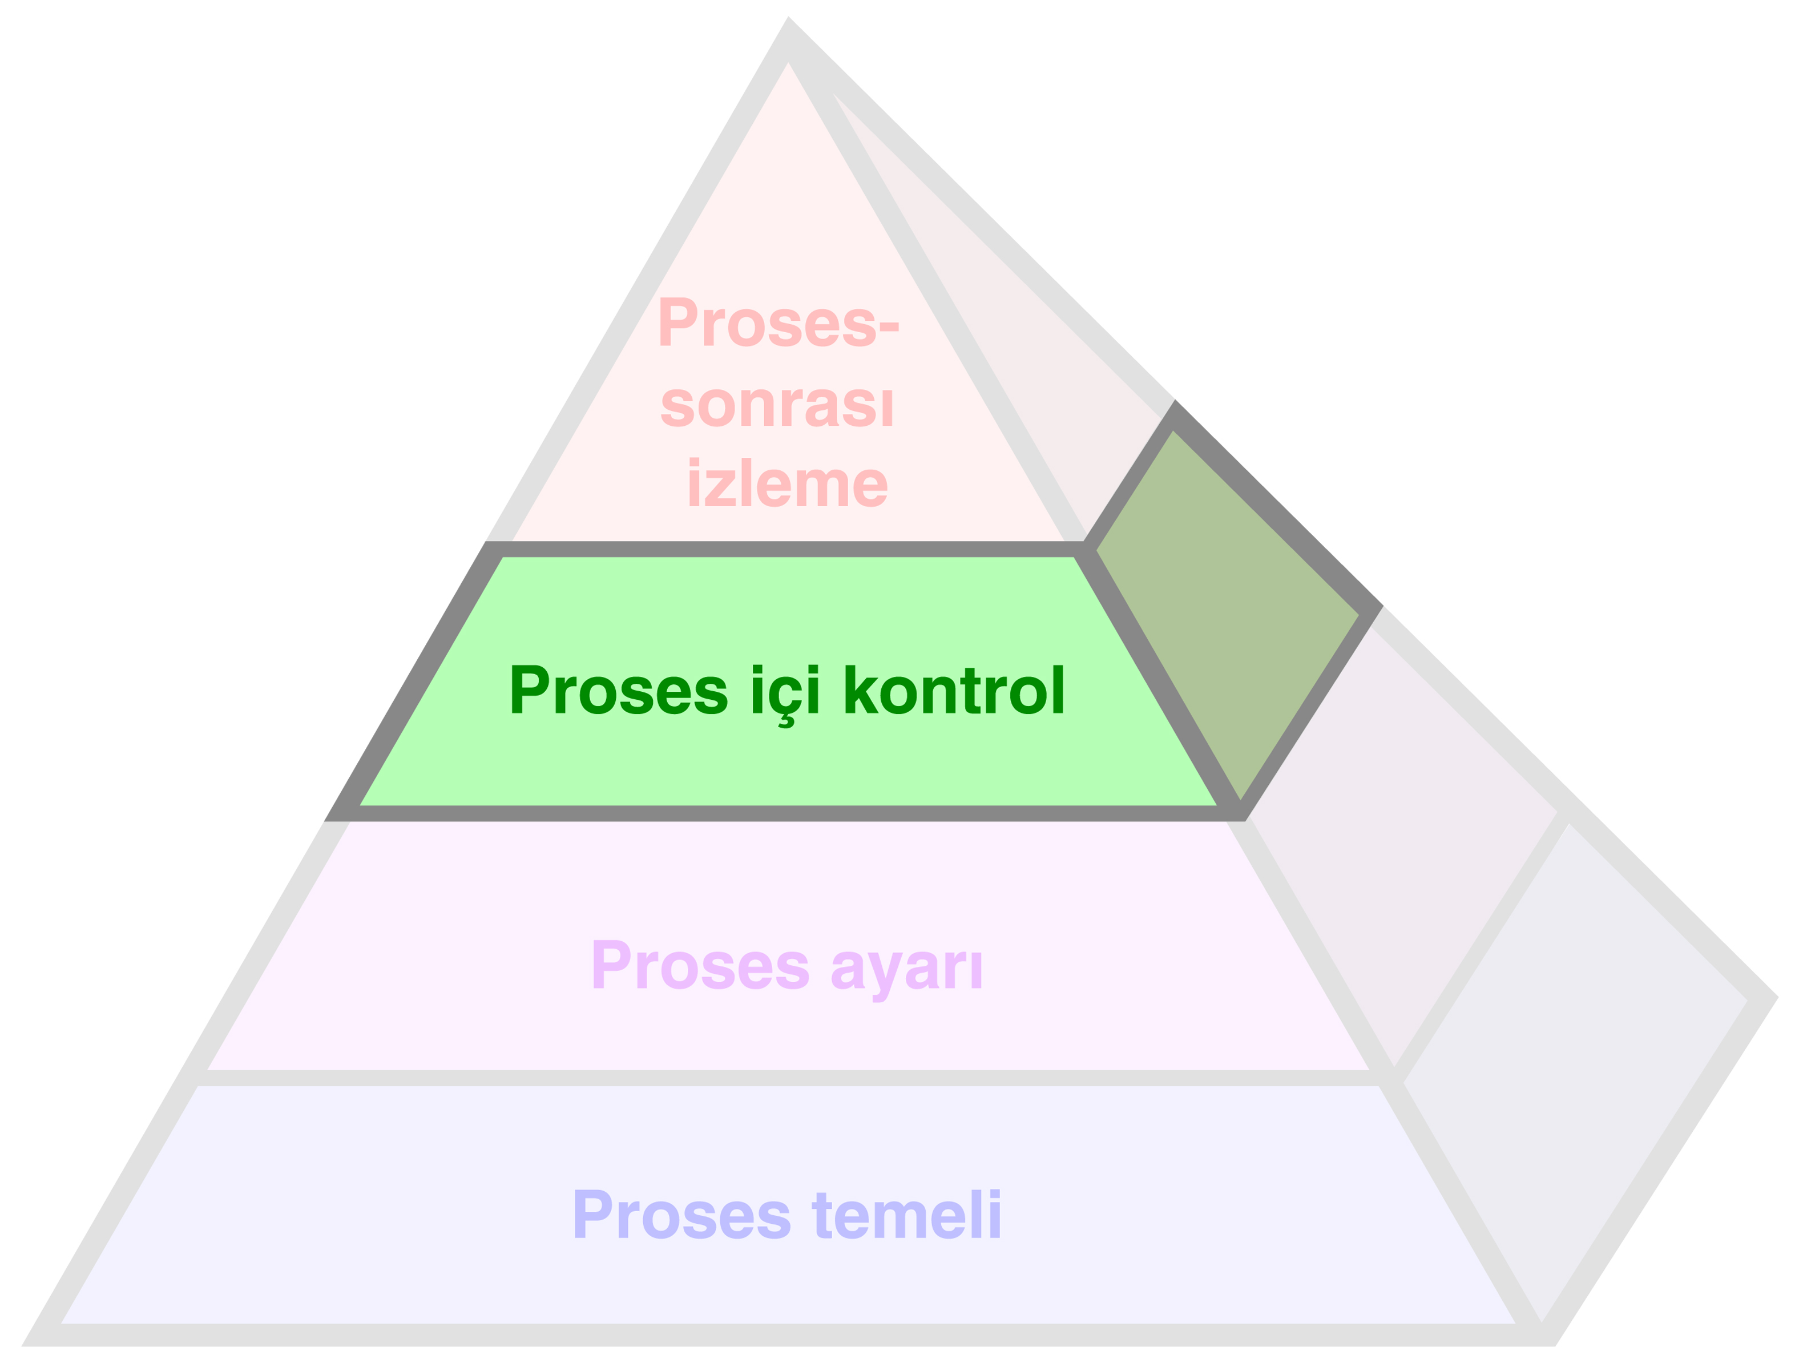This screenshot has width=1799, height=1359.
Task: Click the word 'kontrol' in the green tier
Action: [x=954, y=691]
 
